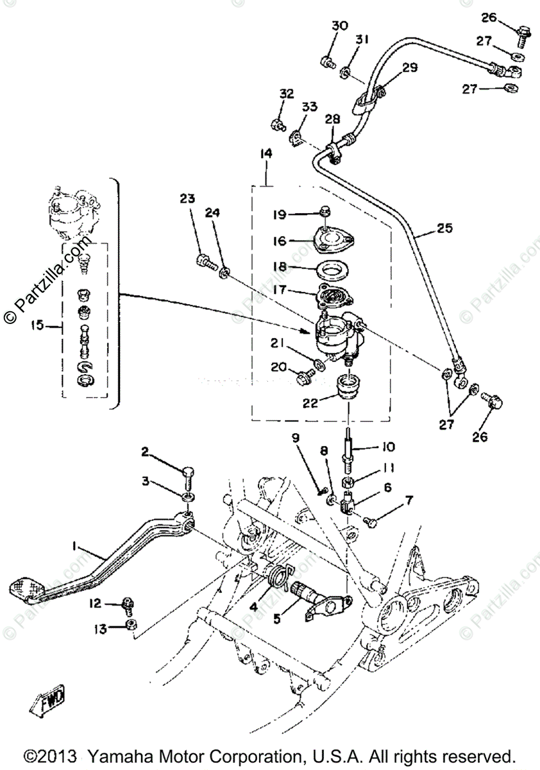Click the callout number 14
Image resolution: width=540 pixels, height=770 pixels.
(266, 153)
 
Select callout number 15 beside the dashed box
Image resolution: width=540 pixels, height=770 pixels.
(37, 325)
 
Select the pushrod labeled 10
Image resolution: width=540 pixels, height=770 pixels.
(349, 449)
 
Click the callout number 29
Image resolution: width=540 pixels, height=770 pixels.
(410, 67)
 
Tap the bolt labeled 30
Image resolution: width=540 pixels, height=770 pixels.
(326, 62)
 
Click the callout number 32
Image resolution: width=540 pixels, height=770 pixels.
(287, 94)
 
